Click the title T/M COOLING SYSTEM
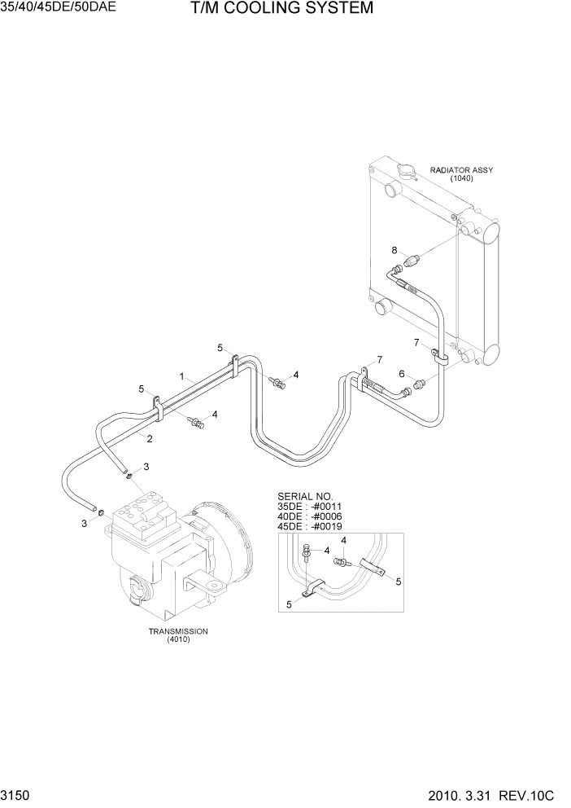[x=270, y=9]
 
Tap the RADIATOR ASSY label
[x=461, y=170]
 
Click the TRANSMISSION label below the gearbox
[x=177, y=631]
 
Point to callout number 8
[x=394, y=250]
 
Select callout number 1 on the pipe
[x=183, y=376]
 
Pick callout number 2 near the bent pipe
[x=150, y=438]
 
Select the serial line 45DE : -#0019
[x=309, y=525]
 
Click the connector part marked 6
[x=421, y=381]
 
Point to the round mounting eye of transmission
[x=214, y=585]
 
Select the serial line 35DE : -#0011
[x=309, y=506]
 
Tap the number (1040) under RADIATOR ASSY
[x=461, y=178]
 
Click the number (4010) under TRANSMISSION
[x=177, y=640]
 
